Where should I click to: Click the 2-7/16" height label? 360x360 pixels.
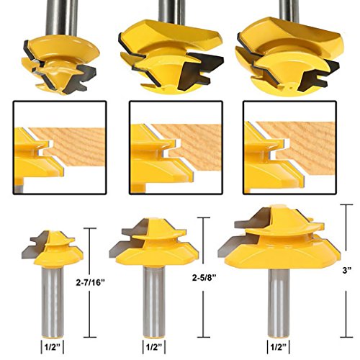pos(91,283)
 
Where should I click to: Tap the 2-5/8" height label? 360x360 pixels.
pos(204,277)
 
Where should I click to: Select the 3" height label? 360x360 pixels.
pos(346,271)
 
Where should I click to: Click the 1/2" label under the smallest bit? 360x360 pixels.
pos(53,347)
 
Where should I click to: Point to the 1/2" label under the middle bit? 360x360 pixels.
pos(154,347)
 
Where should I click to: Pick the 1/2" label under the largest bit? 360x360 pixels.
pos(279,347)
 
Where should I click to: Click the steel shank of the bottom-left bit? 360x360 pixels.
pos(53,302)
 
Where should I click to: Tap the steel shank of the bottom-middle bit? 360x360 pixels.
pos(154,302)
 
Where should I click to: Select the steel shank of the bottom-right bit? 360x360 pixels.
pos(279,303)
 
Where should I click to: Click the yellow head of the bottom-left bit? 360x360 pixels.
pos(58,250)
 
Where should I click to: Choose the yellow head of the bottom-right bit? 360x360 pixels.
pos(283,243)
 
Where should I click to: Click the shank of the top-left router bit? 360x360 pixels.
pos(61,18)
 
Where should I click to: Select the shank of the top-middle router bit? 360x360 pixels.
pos(172,12)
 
